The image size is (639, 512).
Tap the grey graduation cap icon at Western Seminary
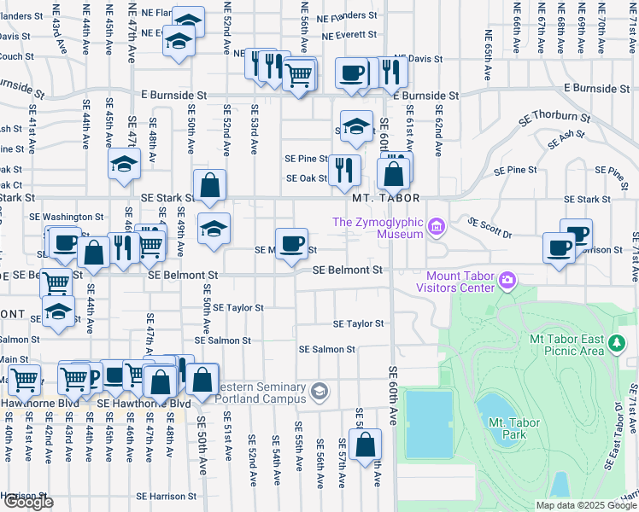[319, 392]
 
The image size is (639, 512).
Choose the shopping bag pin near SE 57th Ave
[365, 445]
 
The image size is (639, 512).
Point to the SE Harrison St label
[165, 496]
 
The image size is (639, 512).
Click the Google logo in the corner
[28, 502]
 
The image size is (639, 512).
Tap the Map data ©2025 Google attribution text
[585, 505]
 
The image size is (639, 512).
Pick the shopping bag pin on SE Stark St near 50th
[209, 184]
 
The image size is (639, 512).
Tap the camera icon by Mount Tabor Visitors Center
[507, 279]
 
